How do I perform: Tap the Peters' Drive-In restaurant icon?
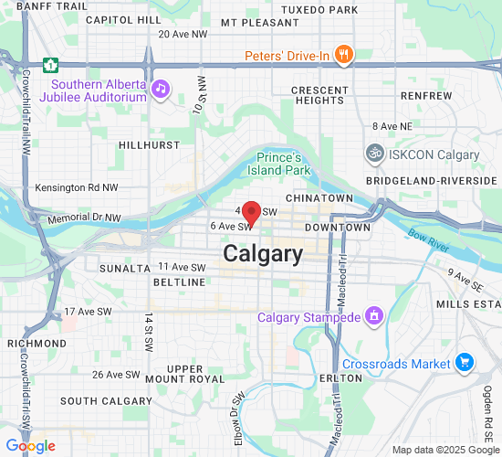(344, 56)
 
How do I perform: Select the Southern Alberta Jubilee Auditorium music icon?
(161, 89)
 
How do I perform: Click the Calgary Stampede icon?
(372, 317)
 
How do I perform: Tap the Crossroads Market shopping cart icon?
(465, 363)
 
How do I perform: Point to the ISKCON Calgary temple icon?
(373, 154)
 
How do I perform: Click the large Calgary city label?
(263, 254)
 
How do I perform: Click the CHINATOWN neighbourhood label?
(319, 197)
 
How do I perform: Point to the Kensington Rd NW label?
(77, 187)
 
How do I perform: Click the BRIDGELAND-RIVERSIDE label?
(433, 181)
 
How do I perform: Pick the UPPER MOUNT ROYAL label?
(185, 373)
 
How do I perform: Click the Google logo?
(30, 446)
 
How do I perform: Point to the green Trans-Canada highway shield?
(52, 64)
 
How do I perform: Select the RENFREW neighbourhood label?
(425, 95)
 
